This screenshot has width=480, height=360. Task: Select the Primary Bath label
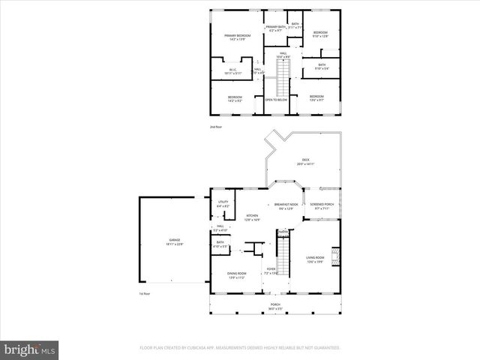[275, 28]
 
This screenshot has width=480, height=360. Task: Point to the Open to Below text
[276, 99]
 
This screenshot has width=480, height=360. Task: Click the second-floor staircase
[282, 77]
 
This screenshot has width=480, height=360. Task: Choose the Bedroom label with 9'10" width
[321, 34]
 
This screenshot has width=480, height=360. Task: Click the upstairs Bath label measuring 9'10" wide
[321, 66]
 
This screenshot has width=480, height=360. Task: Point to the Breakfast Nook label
[286, 206]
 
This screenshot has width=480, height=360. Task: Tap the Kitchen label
[253, 217]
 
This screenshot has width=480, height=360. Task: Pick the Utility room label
[223, 204]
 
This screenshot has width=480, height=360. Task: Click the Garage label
[174, 241]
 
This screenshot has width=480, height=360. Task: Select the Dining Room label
[237, 275]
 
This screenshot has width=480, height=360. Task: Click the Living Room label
[314, 259]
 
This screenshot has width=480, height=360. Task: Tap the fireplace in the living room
[337, 257]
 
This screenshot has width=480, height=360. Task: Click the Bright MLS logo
[30, 349]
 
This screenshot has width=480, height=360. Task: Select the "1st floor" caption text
[145, 293]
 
